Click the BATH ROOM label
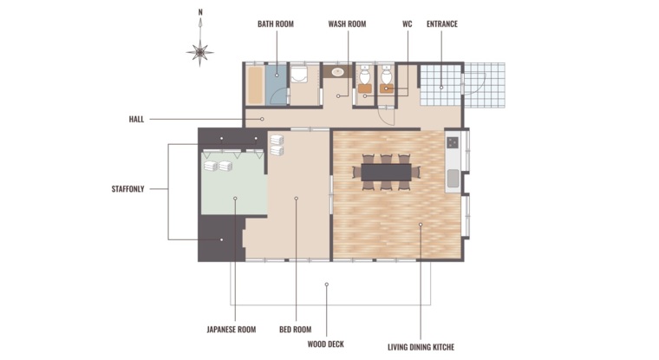point(276,24)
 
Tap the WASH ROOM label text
point(347,24)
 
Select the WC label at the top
point(407,24)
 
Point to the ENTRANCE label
point(442,24)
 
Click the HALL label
point(137,120)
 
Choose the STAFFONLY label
point(127,189)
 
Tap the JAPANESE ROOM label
point(232,330)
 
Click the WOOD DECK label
point(326,344)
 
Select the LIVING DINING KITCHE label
point(421,347)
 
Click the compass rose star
point(200,53)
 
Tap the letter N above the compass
point(200,12)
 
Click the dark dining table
point(386,173)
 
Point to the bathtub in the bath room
point(255,85)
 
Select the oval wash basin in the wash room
point(338,72)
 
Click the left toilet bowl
point(364,75)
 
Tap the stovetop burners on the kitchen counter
point(453,142)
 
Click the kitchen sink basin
point(453,179)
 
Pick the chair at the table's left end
point(356,173)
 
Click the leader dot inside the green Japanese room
point(235,198)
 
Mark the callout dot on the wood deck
point(327,285)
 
